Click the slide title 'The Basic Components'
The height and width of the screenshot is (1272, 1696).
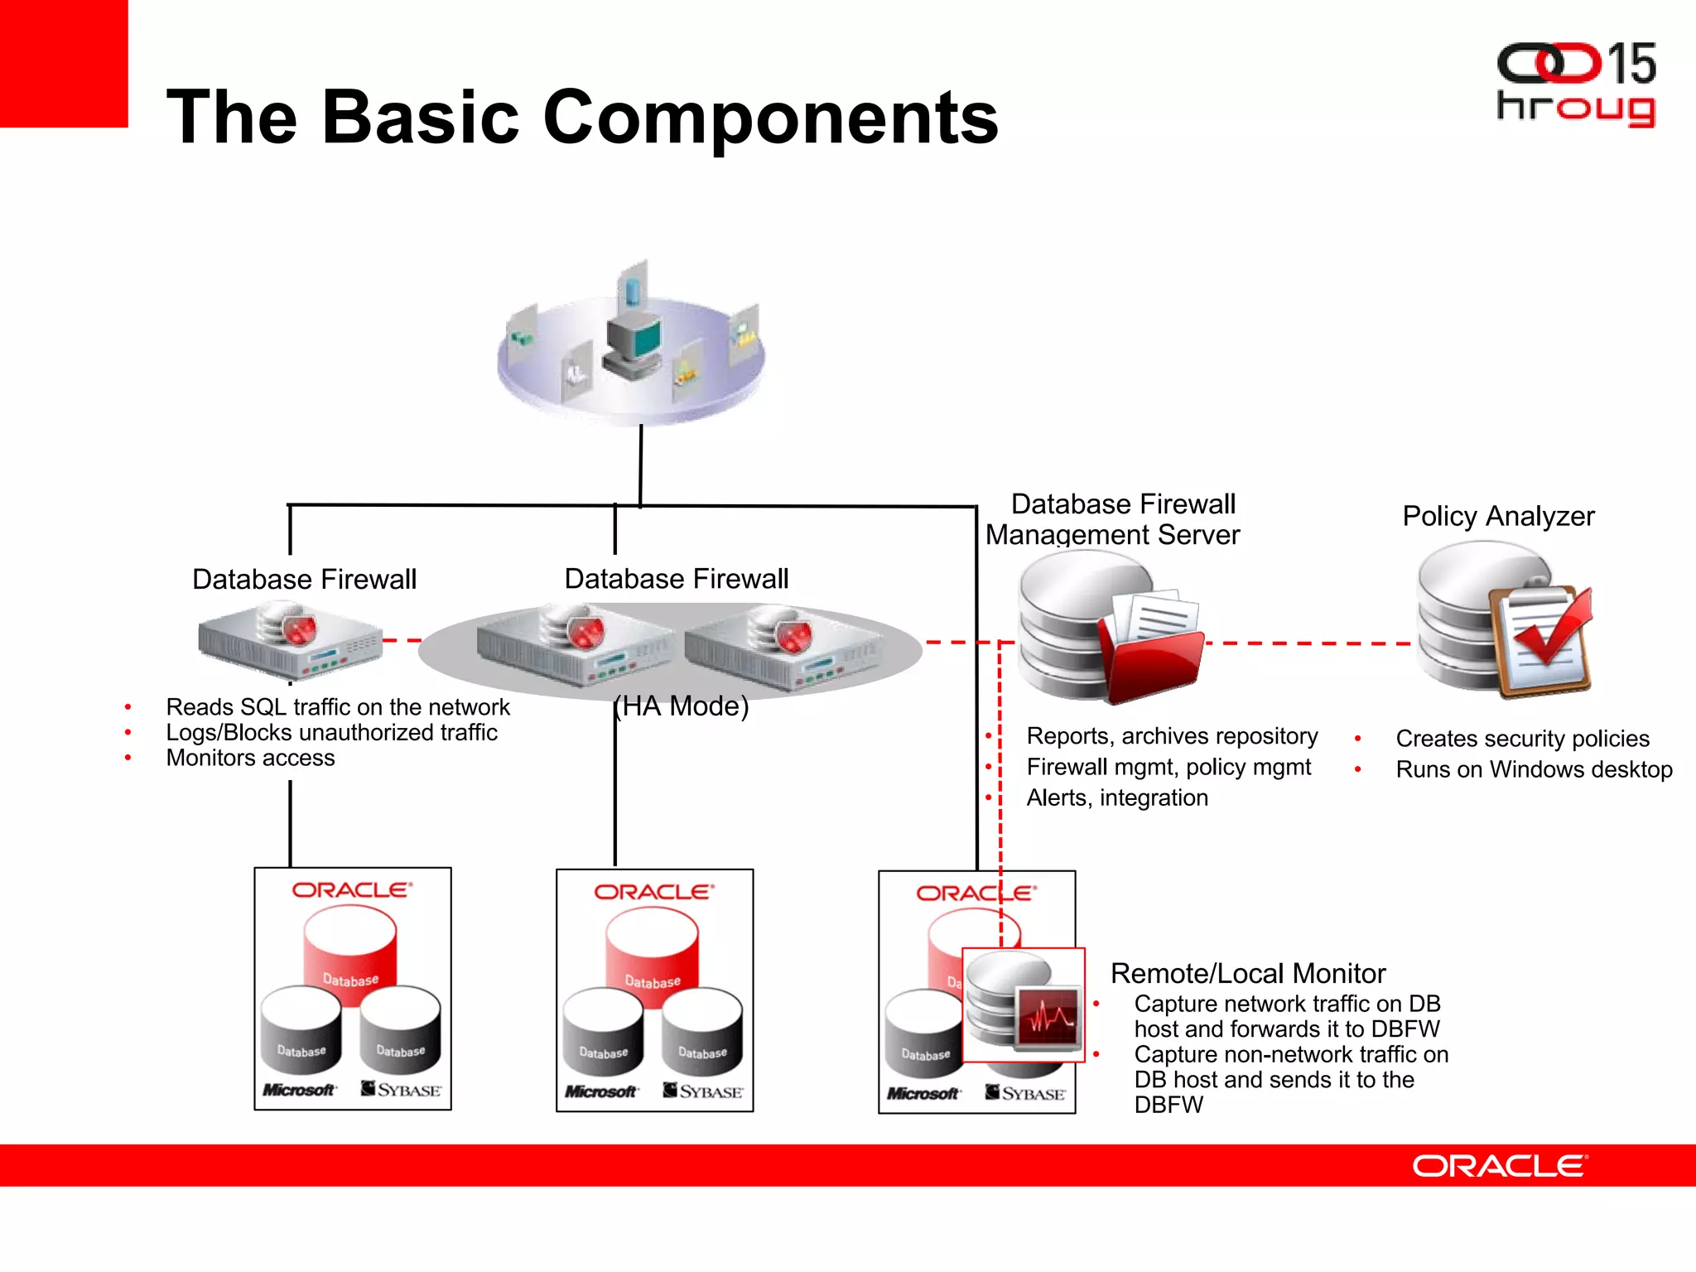click(582, 118)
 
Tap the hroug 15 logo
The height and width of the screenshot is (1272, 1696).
click(1575, 85)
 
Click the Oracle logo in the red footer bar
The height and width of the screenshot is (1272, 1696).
click(1500, 1166)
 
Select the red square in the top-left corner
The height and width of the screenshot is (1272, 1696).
click(63, 63)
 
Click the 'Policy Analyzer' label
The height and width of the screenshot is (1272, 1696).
click(1497, 516)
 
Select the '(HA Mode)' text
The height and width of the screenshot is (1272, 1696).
click(681, 706)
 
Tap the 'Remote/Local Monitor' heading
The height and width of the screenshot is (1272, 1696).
click(1247, 973)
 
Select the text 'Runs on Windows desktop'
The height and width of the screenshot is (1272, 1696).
click(1533, 769)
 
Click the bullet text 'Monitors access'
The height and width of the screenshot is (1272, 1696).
click(250, 758)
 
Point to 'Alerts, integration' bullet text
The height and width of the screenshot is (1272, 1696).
click(1116, 797)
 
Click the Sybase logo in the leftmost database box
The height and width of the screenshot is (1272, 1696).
click(401, 1089)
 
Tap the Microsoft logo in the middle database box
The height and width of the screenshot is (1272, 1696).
click(601, 1091)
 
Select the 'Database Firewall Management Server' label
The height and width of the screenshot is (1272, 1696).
click(1114, 519)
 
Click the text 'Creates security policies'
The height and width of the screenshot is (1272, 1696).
click(1522, 739)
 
